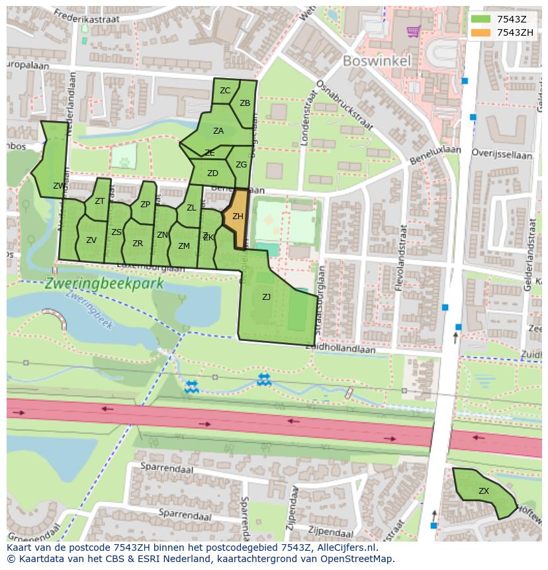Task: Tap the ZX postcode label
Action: coord(484,491)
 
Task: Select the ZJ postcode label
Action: coord(266,297)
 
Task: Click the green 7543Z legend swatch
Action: coord(481,19)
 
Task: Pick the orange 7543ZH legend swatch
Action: coord(481,32)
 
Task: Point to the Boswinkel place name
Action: coord(377,61)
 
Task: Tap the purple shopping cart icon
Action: coord(414,30)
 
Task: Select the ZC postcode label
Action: coord(225,91)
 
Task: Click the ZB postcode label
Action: coord(245,103)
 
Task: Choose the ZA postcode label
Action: coord(218,131)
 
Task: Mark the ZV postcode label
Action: coord(91,240)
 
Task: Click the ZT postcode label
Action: coord(99,201)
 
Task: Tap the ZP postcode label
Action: coord(145,205)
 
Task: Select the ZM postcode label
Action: coord(184,246)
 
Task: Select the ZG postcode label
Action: coord(241,165)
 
